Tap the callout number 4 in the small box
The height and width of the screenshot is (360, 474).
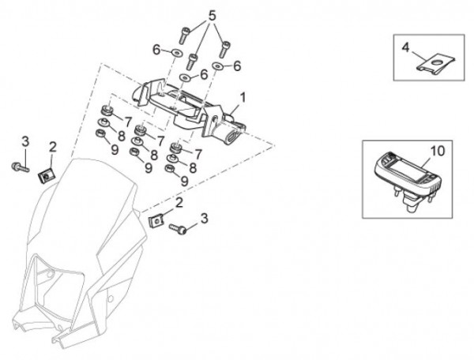click(x=405, y=47)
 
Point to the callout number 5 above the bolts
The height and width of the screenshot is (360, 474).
click(x=211, y=15)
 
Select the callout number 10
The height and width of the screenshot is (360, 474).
click(x=438, y=149)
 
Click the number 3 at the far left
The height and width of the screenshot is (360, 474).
click(x=24, y=141)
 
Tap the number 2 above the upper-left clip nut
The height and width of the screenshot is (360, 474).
click(x=52, y=146)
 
